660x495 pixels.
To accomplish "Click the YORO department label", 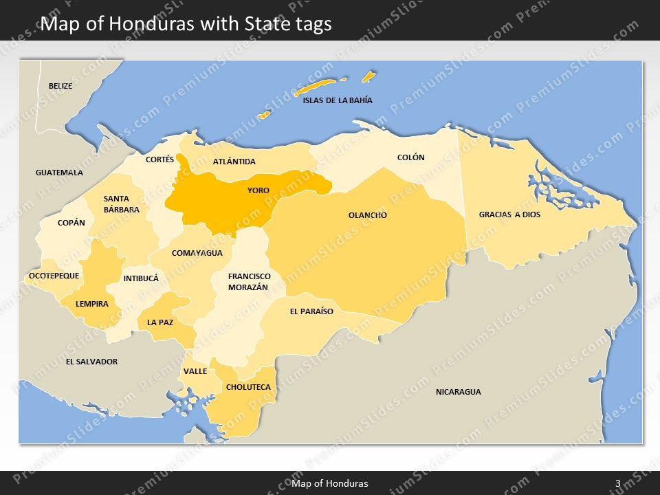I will pyautogui.click(x=258, y=190).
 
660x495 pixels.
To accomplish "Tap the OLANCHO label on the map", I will pyautogui.click(x=368, y=215).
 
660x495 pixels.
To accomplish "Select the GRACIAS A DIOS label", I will pyautogui.click(x=509, y=214).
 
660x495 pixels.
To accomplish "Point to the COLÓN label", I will pyautogui.click(x=411, y=157).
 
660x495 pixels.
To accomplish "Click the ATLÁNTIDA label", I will pyautogui.click(x=234, y=162).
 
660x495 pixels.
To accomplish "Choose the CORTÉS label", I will pyautogui.click(x=160, y=159).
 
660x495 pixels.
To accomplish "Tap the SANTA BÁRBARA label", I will pyautogui.click(x=122, y=204).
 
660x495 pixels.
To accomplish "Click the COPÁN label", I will pyautogui.click(x=71, y=223).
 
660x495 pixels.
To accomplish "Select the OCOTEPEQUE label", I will pyautogui.click(x=54, y=276).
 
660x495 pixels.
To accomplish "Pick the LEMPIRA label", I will pyautogui.click(x=92, y=304).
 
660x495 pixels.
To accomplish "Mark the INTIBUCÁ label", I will pyautogui.click(x=141, y=278).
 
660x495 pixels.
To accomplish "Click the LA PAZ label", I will pyautogui.click(x=160, y=322).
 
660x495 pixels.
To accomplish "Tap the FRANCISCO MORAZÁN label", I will pyautogui.click(x=250, y=281).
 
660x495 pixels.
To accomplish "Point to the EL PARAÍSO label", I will pyautogui.click(x=311, y=311).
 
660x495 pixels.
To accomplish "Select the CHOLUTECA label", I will pyautogui.click(x=248, y=387).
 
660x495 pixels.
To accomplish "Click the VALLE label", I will pyautogui.click(x=195, y=371).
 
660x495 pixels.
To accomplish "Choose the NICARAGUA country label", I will pyautogui.click(x=459, y=392).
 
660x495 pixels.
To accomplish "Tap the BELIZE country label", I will pyautogui.click(x=60, y=86).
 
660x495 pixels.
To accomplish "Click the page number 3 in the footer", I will pyautogui.click(x=618, y=483).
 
